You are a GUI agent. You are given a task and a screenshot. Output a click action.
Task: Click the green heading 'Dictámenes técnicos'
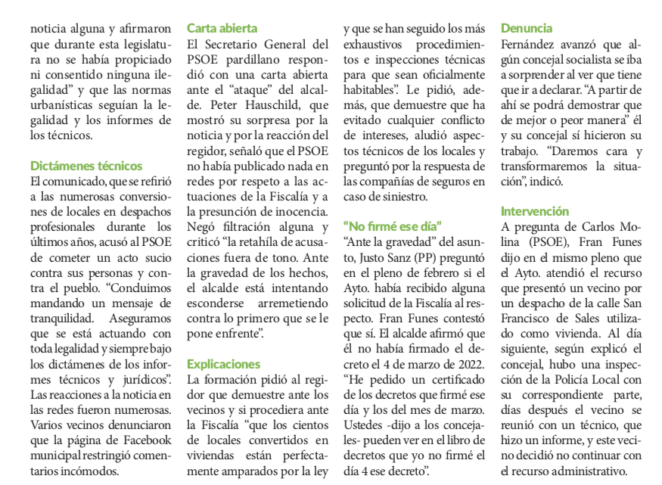[x=86, y=166]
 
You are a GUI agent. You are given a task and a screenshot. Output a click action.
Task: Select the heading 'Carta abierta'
[x=222, y=28]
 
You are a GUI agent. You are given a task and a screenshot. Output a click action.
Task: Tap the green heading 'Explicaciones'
[x=223, y=364]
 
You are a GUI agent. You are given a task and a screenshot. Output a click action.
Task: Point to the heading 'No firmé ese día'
[x=392, y=225]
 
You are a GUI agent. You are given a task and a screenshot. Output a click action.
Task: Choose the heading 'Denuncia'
[x=527, y=28]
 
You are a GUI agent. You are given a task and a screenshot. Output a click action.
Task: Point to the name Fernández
[x=530, y=45]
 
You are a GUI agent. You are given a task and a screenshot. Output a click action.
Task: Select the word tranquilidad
[x=63, y=319]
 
